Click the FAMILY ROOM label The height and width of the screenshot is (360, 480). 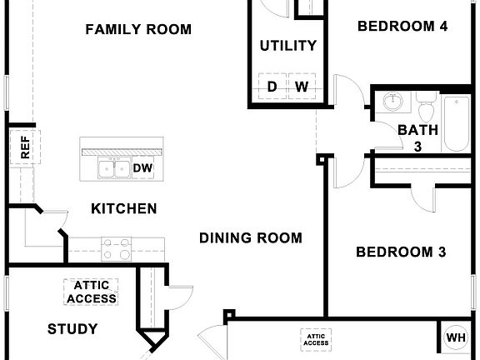coord(138,30)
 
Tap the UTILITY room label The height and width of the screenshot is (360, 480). coord(287,46)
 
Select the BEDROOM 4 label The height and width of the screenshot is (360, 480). coord(402,27)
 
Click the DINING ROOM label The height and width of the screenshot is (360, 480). coord(251,238)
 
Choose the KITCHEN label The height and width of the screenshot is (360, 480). coord(123,208)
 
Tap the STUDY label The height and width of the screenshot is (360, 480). coord(72,329)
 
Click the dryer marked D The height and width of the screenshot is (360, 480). coord(272,87)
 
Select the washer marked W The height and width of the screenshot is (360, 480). coord(301,87)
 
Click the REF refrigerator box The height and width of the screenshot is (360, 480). coord(25,148)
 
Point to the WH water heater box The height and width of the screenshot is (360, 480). coord(456,337)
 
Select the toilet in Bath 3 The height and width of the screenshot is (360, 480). coord(427,109)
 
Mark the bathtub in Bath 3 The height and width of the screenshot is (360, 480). coord(457,125)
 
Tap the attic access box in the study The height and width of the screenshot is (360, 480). coord(92,292)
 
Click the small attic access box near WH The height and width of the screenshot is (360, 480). coord(316,338)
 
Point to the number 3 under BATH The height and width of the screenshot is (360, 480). coord(418,147)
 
